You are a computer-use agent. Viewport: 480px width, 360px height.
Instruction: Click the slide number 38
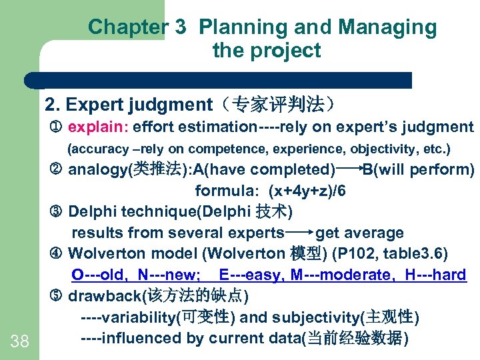click(20, 342)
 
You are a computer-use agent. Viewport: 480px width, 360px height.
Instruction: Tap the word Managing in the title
click(388, 27)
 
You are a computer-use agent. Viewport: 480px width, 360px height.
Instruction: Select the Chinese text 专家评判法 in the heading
click(287, 105)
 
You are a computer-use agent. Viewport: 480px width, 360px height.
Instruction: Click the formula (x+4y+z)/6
click(307, 191)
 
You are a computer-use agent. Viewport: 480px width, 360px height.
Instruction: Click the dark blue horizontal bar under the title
click(220, 81)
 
